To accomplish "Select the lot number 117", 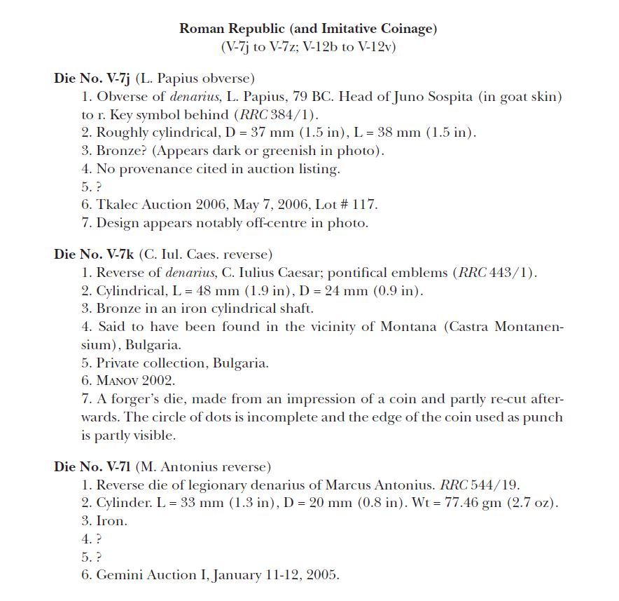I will (366, 205).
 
